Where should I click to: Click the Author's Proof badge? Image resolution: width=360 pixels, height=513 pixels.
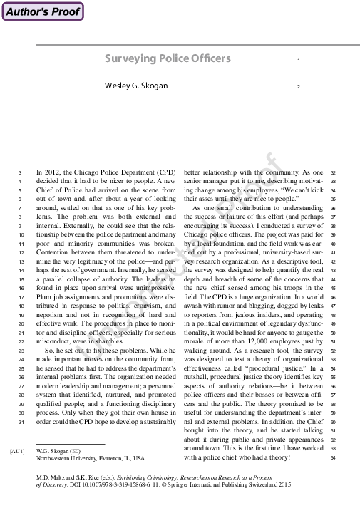tap(42, 11)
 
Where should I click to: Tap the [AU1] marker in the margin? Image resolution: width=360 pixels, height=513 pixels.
tap(17, 451)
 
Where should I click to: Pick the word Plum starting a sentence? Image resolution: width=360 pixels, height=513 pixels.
tap(43, 291)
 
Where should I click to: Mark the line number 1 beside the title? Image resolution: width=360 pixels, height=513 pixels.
tap(297, 61)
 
